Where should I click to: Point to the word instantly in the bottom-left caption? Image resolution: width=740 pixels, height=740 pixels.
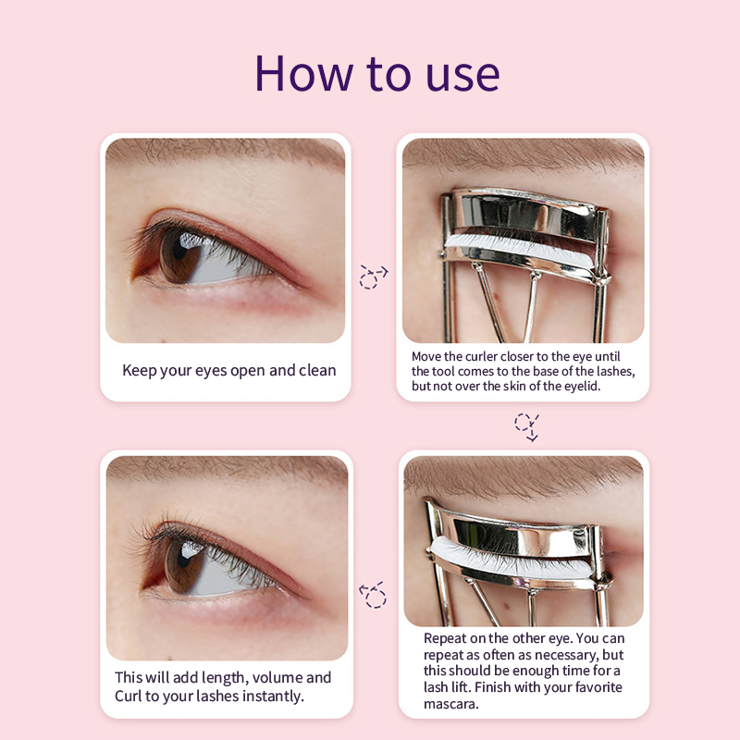point(269,696)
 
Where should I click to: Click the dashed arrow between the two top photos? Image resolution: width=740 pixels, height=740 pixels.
point(373,276)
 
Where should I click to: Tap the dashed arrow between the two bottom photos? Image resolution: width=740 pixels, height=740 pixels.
point(373,593)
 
